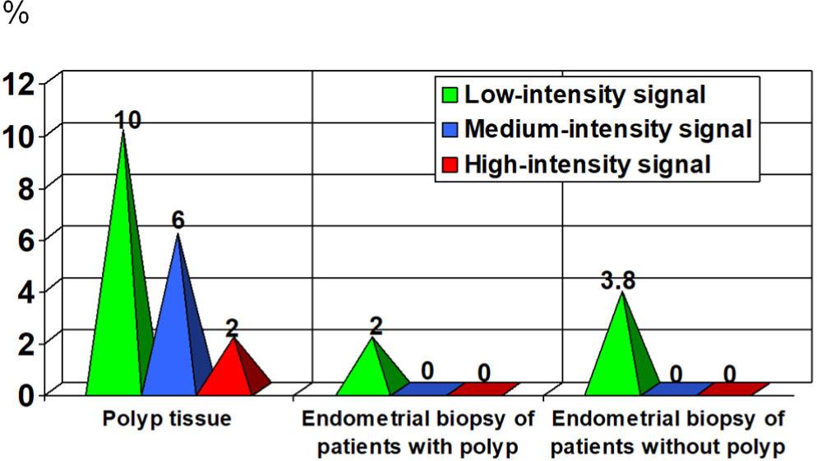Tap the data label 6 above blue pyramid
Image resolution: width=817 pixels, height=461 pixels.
pos(177,221)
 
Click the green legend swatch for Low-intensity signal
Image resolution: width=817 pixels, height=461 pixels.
pos(450,95)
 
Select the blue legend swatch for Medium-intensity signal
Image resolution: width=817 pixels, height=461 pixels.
pos(450,129)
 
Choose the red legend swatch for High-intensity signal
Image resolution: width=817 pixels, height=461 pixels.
pos(450,164)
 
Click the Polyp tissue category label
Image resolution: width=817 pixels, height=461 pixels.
pos(167,418)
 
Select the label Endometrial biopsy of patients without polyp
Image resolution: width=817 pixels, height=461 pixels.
pos(667,433)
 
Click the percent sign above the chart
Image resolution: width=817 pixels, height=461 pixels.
pos(16,16)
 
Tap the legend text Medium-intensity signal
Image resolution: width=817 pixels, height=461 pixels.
pos(608,129)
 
